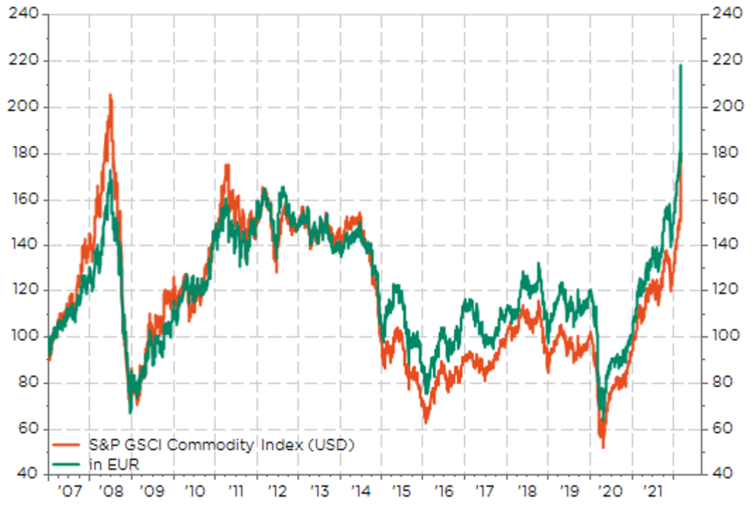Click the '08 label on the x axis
click(x=111, y=491)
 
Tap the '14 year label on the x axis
click(x=360, y=491)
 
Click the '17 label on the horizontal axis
click(x=485, y=491)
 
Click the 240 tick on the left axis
click(x=23, y=14)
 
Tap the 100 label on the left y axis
click(x=24, y=335)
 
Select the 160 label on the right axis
click(x=725, y=199)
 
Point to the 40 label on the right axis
click(x=722, y=473)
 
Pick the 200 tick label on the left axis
click(x=23, y=106)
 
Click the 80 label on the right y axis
click(x=722, y=382)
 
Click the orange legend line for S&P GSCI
click(x=66, y=445)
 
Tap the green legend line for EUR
click(x=66, y=464)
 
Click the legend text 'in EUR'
click(x=114, y=464)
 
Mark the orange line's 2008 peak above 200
click(x=110, y=95)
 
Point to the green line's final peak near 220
click(x=680, y=66)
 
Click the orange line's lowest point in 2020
click(x=603, y=446)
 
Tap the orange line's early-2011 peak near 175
click(x=227, y=165)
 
